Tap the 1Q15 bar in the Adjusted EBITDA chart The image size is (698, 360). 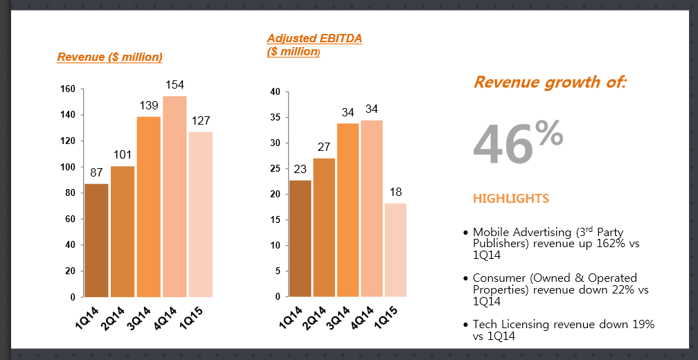[395, 250]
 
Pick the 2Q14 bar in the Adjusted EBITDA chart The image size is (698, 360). [324, 228]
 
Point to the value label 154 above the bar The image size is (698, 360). [174, 85]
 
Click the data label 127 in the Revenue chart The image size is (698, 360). [201, 121]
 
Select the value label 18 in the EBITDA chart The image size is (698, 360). [395, 192]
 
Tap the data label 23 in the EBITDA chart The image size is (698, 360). [301, 169]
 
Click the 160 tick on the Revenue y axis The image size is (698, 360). [67, 89]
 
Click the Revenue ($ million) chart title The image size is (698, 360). [109, 57]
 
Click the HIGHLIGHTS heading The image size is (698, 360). [511, 199]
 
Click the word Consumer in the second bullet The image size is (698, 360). [498, 278]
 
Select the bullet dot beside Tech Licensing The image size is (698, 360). [465, 325]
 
